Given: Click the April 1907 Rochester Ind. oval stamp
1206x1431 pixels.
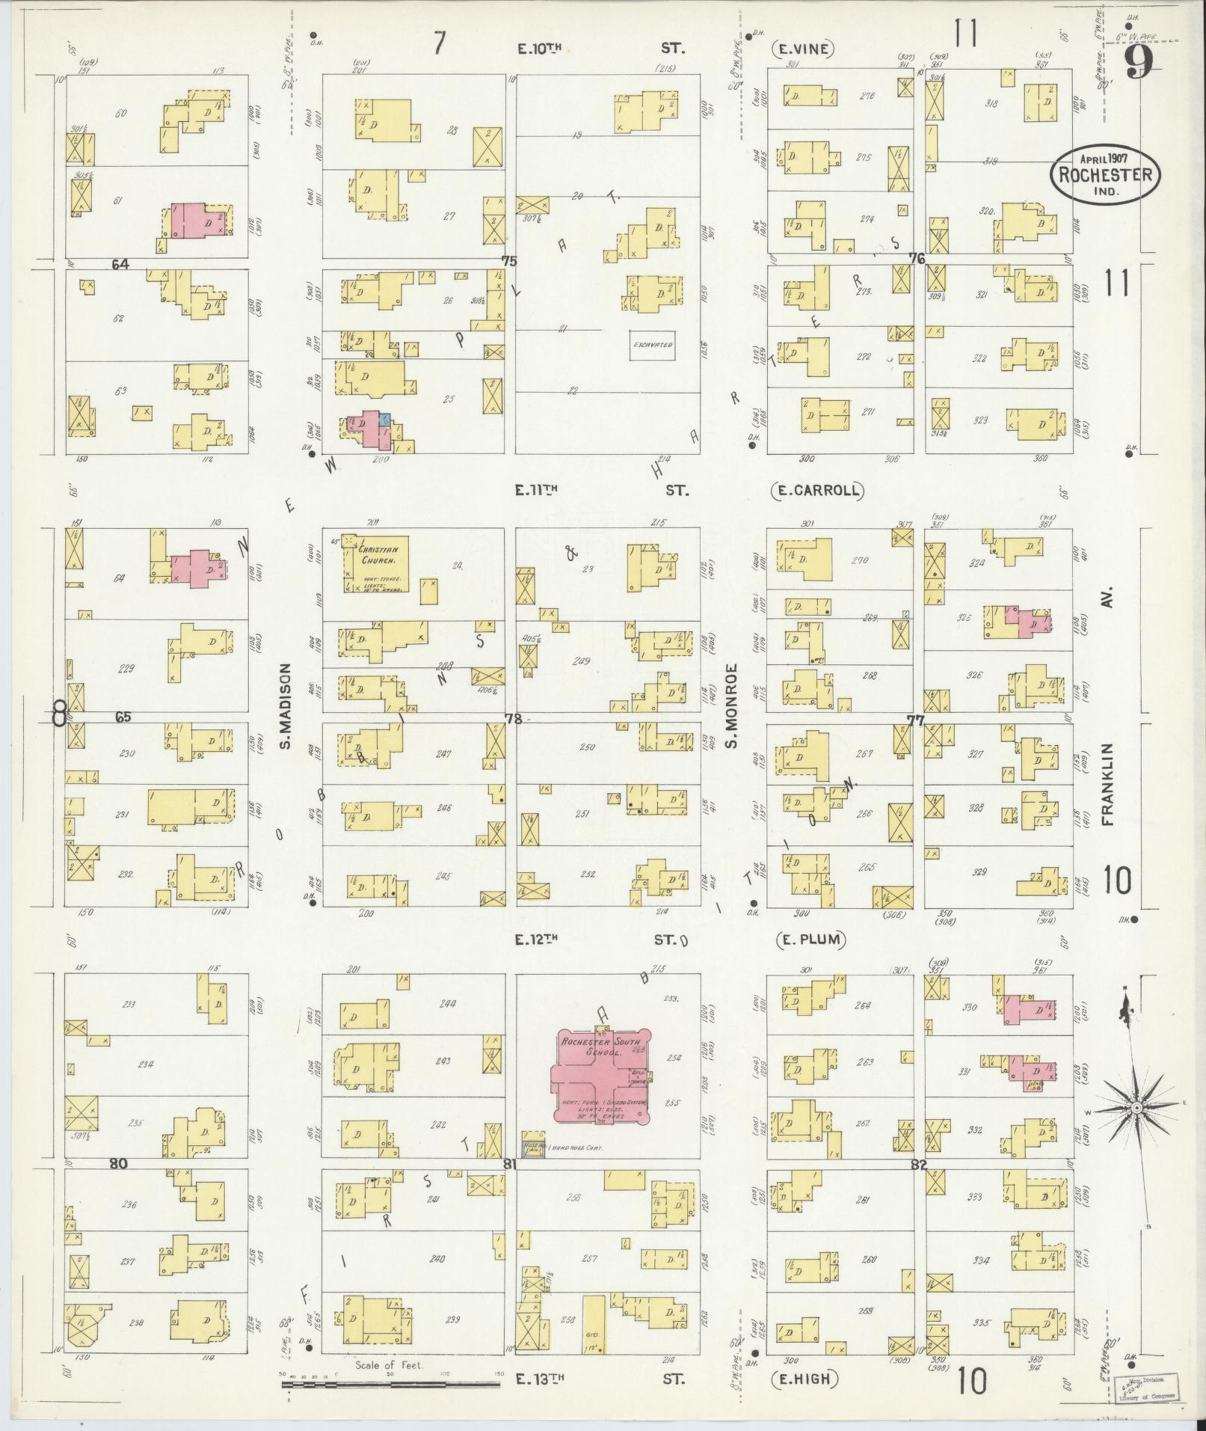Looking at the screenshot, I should [x=1106, y=173].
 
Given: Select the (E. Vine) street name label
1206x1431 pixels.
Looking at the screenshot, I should [x=802, y=49].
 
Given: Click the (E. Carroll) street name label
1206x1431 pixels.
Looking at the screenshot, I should [x=816, y=491].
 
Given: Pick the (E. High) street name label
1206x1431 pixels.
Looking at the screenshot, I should [x=804, y=1378].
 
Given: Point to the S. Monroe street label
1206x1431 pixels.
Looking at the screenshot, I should [x=733, y=705].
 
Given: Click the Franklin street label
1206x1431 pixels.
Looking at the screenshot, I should [x=1108, y=783].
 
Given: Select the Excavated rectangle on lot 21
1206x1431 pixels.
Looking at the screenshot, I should [x=653, y=345].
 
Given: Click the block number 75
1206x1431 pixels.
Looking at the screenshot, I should [x=509, y=261].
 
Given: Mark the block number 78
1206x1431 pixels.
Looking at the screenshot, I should [x=512, y=719].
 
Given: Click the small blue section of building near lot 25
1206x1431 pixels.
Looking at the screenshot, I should [x=384, y=419].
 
